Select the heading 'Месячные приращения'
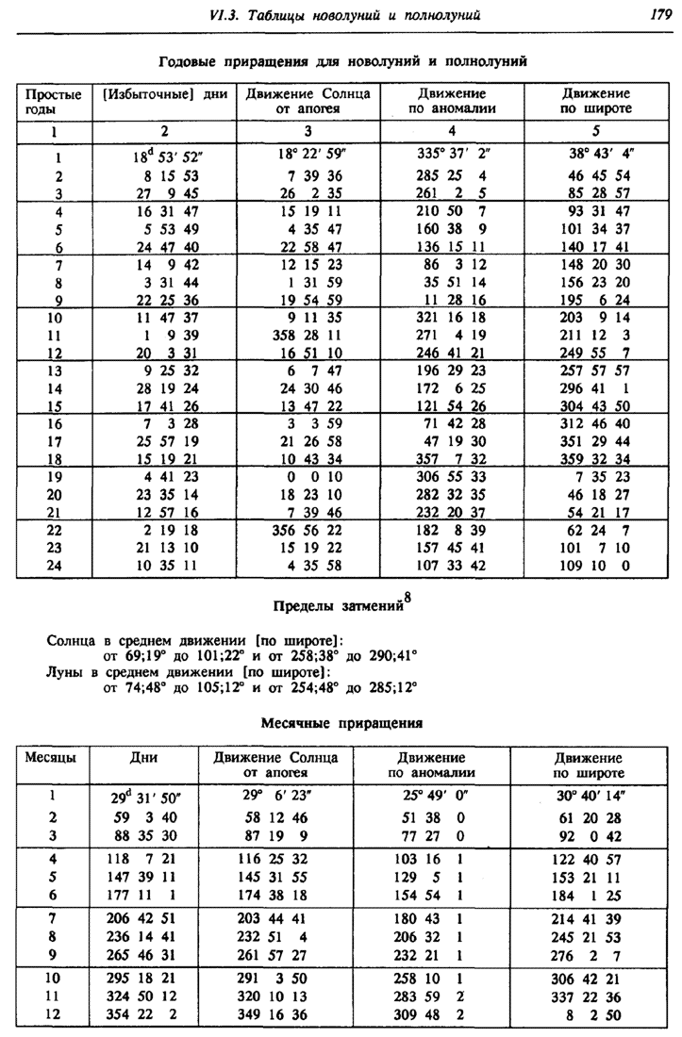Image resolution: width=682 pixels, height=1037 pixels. coord(341,723)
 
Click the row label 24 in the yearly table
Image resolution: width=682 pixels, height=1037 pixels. coord(54,566)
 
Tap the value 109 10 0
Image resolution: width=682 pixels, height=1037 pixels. coord(597,566)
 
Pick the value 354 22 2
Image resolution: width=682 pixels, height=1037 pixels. coord(137,1014)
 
